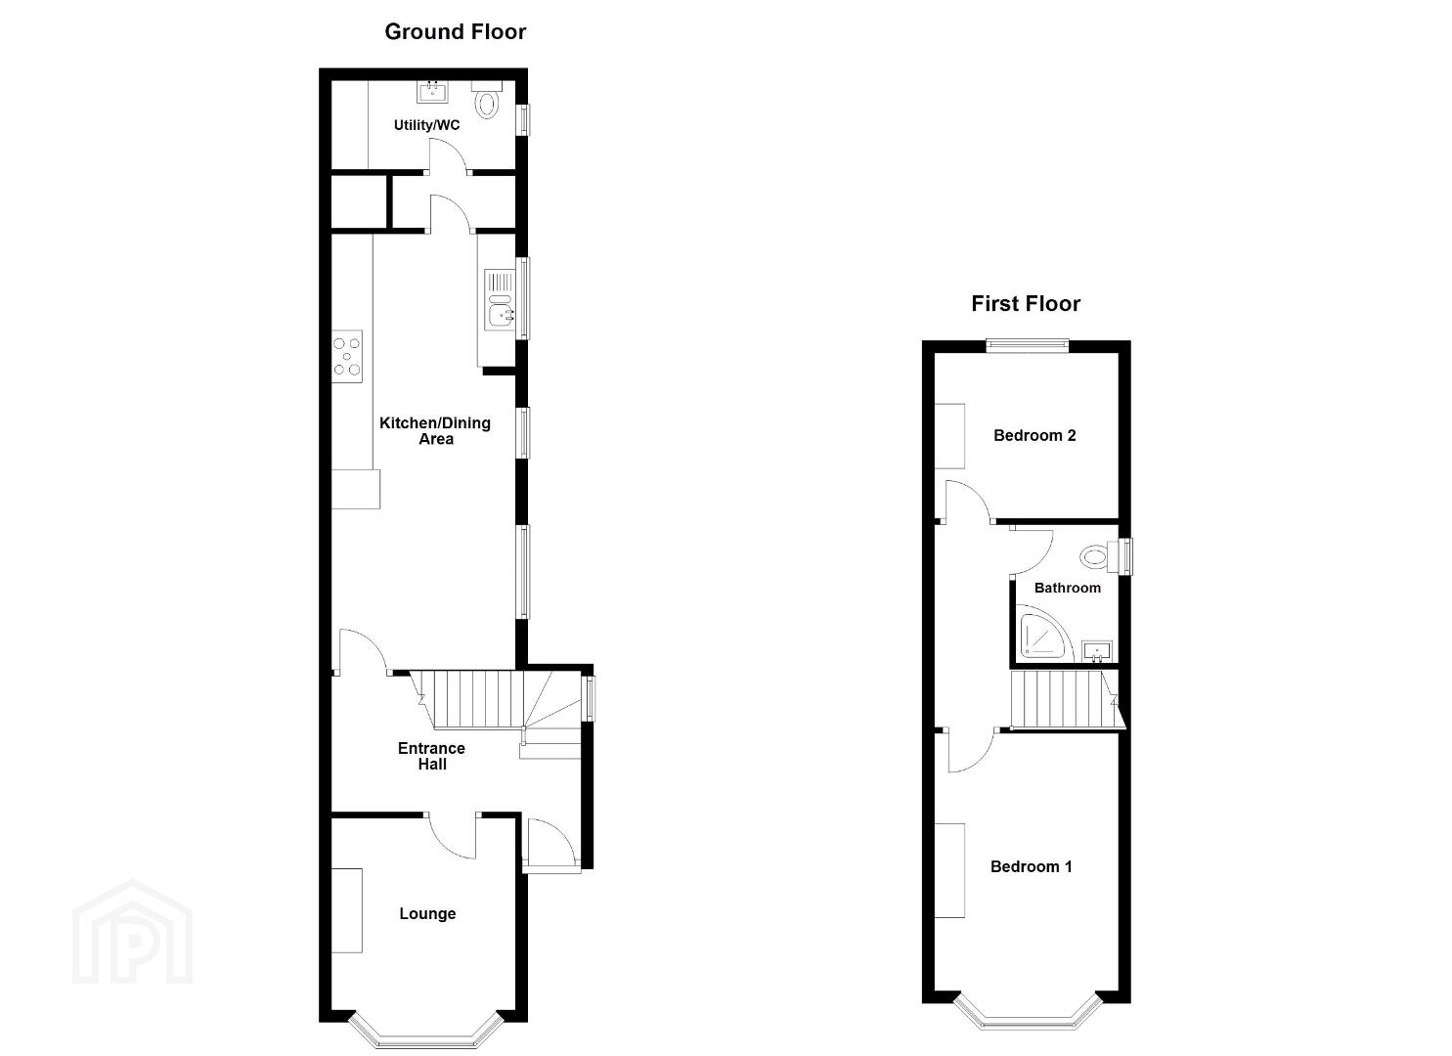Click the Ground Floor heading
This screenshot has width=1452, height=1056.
click(455, 31)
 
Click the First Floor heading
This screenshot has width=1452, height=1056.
click(1026, 303)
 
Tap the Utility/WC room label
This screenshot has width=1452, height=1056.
click(426, 125)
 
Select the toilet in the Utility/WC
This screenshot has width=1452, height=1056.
click(487, 100)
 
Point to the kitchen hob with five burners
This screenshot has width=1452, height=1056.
click(347, 357)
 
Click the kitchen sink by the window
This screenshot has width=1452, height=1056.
click(500, 301)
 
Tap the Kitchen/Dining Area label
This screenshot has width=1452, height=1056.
click(435, 431)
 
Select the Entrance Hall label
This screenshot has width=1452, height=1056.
click(432, 756)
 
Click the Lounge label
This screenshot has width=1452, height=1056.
click(427, 913)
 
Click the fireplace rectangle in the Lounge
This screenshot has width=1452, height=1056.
click(347, 910)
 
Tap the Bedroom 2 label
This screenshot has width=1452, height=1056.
click(1034, 436)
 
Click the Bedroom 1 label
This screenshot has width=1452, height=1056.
click(1032, 866)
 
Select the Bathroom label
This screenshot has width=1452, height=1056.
click(1068, 588)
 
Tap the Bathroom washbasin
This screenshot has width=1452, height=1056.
click(1097, 651)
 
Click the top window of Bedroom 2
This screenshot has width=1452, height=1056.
click(1027, 345)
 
